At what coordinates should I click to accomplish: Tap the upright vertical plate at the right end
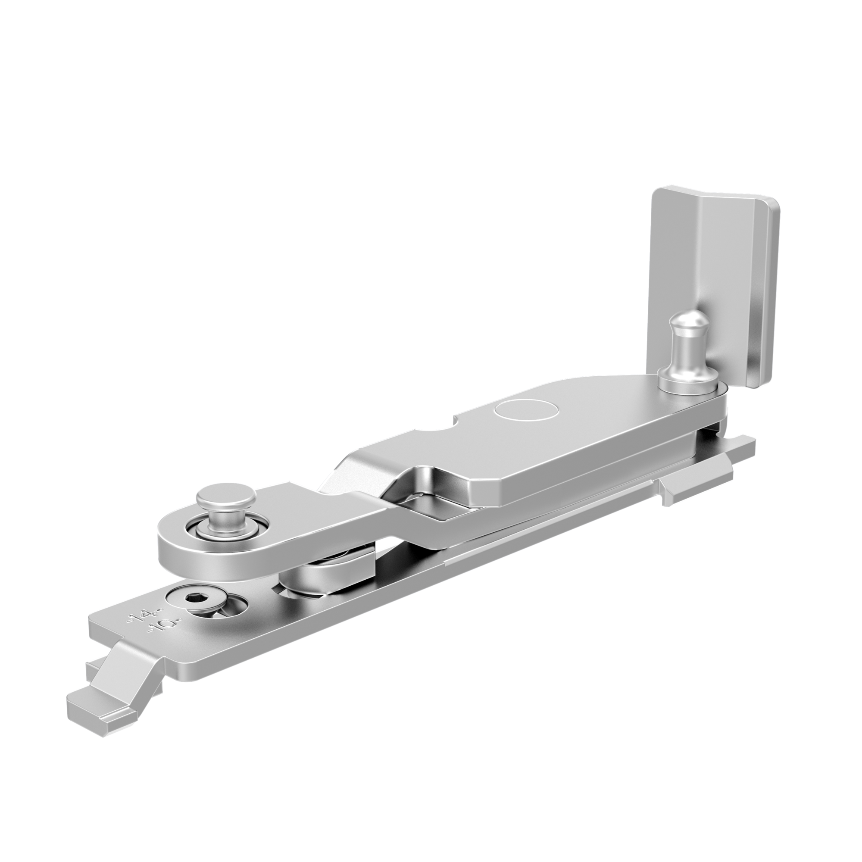click(714, 286)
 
